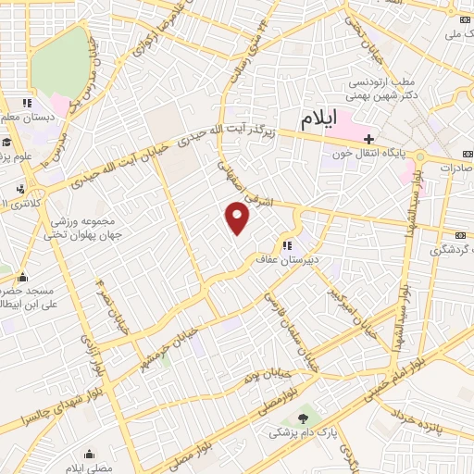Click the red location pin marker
(238, 218)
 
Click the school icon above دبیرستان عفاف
(287, 245)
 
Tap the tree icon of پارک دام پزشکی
(303, 418)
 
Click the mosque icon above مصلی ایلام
(89, 454)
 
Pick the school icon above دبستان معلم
(27, 103)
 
